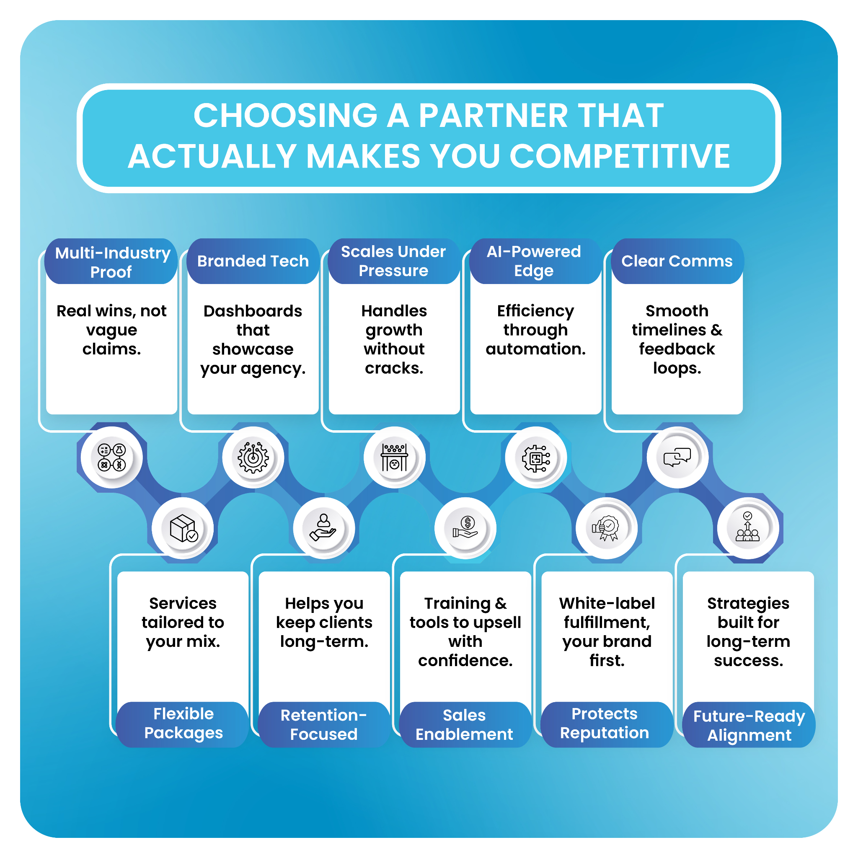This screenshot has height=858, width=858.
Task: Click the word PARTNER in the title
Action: pyautogui.click(x=493, y=116)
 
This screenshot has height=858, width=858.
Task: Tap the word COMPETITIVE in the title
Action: pyautogui.click(x=620, y=157)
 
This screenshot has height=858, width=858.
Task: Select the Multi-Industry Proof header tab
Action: pyautogui.click(x=112, y=262)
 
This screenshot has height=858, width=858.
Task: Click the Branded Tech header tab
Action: pyautogui.click(x=253, y=261)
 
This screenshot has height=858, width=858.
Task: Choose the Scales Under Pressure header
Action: pyautogui.click(x=393, y=261)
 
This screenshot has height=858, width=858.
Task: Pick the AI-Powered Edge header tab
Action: pyautogui.click(x=534, y=261)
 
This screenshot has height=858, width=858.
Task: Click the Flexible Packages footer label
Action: pyautogui.click(x=183, y=724)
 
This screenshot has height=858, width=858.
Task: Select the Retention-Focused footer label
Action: pyautogui.click(x=324, y=724)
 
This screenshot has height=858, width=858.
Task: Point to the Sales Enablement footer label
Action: pyautogui.click(x=465, y=724)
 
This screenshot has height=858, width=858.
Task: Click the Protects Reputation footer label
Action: pyautogui.click(x=605, y=724)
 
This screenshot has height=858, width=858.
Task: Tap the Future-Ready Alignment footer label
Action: pyautogui.click(x=749, y=725)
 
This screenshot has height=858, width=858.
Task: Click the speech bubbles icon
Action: pyautogui.click(x=677, y=457)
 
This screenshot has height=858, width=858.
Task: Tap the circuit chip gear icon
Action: pyautogui.click(x=535, y=458)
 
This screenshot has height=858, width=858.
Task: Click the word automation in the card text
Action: pyautogui.click(x=535, y=349)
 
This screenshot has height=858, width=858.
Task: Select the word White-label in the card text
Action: pyautogui.click(x=607, y=603)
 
